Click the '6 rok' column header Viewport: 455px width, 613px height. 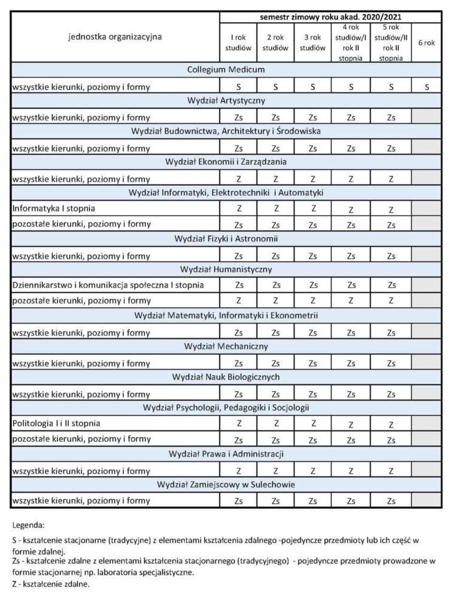(x=426, y=43)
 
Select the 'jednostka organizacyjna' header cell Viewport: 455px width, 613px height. (x=116, y=37)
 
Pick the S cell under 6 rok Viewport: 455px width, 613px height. (x=427, y=87)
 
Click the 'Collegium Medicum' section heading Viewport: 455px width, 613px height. (x=226, y=70)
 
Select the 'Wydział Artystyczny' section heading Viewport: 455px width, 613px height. (x=226, y=101)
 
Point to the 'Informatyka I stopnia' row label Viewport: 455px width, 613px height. (x=53, y=208)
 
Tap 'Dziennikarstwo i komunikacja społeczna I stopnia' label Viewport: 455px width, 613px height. (x=108, y=285)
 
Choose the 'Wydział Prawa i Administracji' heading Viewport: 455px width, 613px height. (x=226, y=454)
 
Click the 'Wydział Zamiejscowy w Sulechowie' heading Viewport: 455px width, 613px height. (x=226, y=484)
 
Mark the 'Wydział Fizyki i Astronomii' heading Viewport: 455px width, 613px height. (x=226, y=239)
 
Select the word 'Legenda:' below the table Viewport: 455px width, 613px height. (x=28, y=525)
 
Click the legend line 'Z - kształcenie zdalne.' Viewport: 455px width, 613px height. (x=51, y=584)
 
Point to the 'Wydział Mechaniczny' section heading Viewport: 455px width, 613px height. (x=226, y=346)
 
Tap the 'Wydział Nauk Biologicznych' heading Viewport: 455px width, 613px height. (x=226, y=377)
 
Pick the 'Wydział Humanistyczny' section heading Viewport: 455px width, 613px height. (x=226, y=269)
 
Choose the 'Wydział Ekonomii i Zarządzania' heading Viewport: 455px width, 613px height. (x=226, y=162)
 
